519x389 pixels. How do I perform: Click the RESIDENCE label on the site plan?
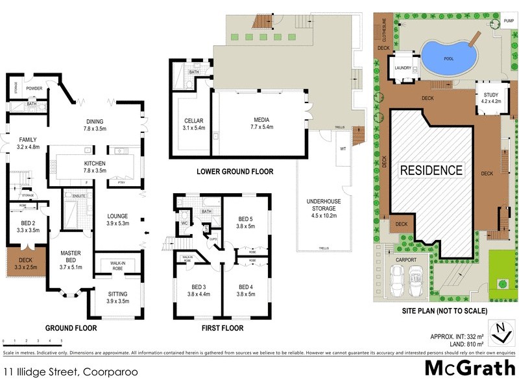click(x=431, y=171)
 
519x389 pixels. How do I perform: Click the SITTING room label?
click(x=117, y=297)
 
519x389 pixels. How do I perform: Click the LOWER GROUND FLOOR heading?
click(x=235, y=172)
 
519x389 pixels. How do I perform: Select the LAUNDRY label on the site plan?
click(x=403, y=67)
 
